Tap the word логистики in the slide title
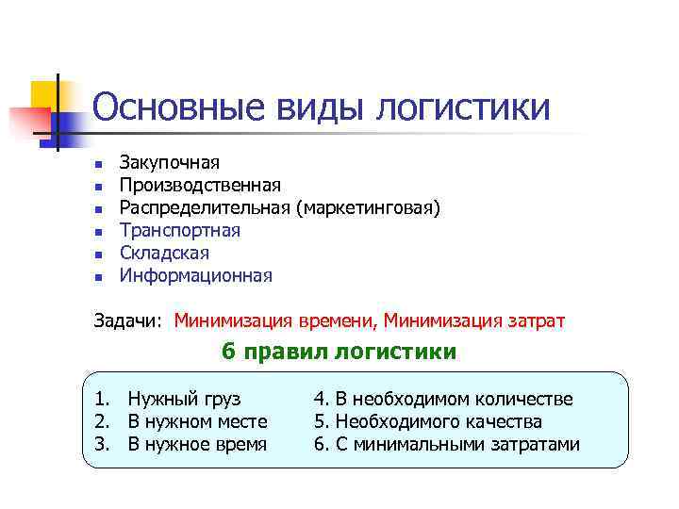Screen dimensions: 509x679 [x=463, y=107]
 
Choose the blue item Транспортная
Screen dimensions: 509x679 [x=179, y=231]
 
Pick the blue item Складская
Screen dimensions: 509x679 [x=164, y=254]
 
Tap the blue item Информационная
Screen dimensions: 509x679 [x=195, y=276]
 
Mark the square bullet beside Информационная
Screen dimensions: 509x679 [x=97, y=277]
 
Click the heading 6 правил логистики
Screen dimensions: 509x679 [x=339, y=352]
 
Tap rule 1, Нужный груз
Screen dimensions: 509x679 [x=184, y=399]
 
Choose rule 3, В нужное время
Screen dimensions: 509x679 [x=196, y=444]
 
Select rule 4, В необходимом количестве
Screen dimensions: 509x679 [x=443, y=399]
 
